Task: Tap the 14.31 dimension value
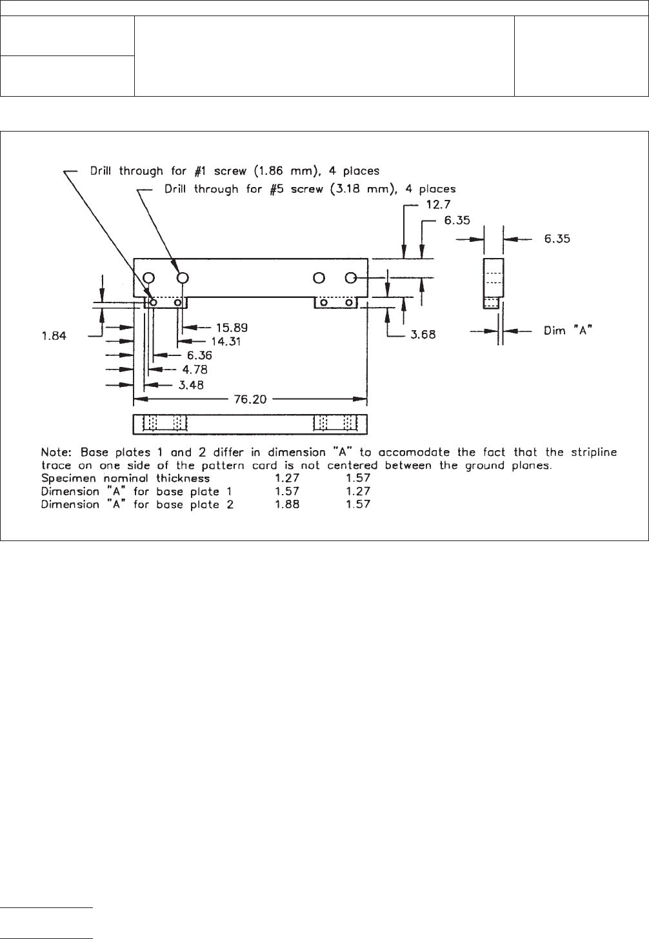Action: coord(226,341)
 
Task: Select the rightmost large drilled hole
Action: coord(351,278)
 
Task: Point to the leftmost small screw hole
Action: coord(154,302)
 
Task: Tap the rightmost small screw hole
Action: coord(348,302)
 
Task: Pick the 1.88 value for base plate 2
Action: coord(287,504)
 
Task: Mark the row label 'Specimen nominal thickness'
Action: coord(126,479)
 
